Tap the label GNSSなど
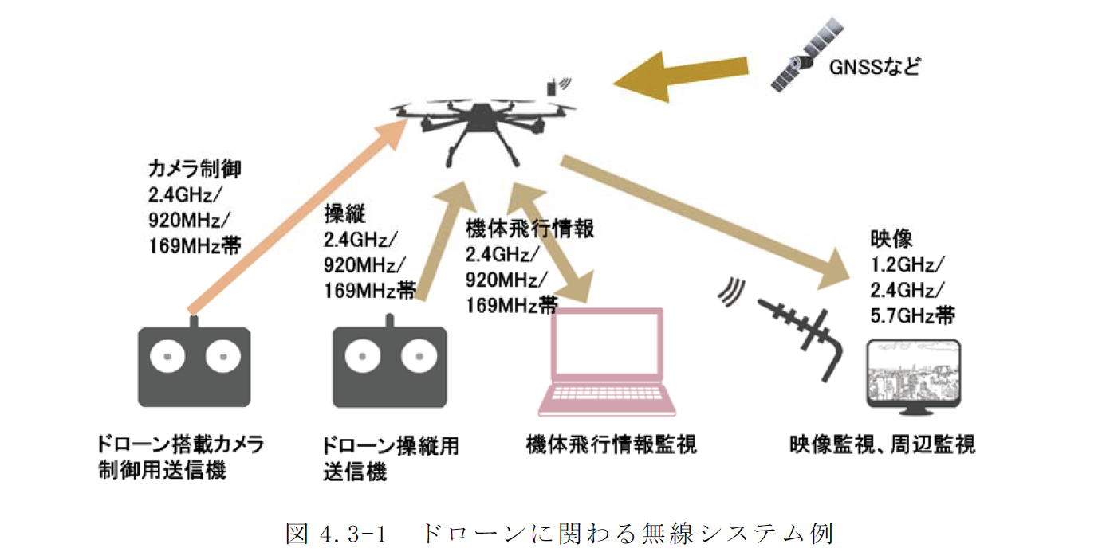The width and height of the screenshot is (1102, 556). (874, 65)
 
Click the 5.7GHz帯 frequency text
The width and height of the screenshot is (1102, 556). (912, 315)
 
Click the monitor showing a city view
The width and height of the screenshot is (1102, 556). (914, 378)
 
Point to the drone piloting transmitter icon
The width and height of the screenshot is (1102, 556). (389, 367)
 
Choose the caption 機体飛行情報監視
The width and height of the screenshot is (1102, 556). (611, 444)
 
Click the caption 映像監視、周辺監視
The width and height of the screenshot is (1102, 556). (883, 444)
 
